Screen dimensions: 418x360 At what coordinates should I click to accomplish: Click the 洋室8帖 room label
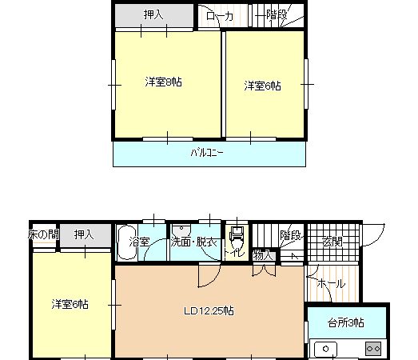pos(163,82)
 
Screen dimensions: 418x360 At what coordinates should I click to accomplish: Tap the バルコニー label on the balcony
pos(207,153)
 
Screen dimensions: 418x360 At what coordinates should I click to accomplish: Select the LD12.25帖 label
pos(209,311)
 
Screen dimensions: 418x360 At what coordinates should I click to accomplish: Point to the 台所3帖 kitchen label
pos(346,323)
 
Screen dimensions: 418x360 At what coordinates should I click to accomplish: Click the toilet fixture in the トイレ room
pos(237,237)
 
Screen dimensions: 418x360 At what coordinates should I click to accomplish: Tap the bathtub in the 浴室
pos(127,242)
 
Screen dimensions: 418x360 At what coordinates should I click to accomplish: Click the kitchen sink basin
pos(325,349)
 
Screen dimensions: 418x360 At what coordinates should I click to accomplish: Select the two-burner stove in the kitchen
pos(373,349)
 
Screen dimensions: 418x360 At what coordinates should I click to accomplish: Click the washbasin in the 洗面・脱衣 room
pos(181,229)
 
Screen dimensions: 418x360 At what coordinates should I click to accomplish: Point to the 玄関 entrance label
pos(332,242)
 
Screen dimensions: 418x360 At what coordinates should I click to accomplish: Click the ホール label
pos(331,283)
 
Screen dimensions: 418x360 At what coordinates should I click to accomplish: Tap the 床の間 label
pos(43,234)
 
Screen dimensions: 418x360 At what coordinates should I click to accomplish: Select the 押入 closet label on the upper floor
pos(153,14)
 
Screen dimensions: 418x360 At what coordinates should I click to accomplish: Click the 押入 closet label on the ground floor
pos(84,235)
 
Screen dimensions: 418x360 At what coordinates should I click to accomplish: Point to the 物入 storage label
pos(263,255)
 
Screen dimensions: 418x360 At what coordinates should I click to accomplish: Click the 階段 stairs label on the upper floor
pos(277,15)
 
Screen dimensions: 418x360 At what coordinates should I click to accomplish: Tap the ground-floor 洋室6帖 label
pos(70,304)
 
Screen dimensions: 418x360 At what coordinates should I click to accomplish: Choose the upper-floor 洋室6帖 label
pos(263,86)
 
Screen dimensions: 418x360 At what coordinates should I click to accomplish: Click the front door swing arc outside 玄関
pos(378,238)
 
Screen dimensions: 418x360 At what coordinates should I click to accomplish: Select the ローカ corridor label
pos(220,17)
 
